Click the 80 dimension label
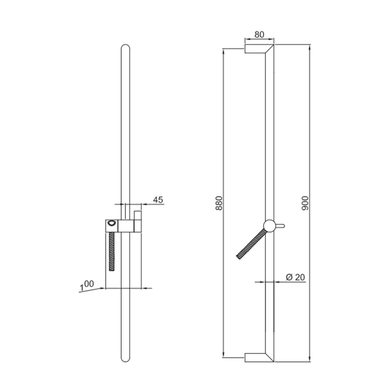point(259,35)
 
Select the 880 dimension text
point(219,203)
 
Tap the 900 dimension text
point(305,203)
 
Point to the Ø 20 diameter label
point(295,277)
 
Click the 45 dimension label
point(158,200)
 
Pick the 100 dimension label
point(87,285)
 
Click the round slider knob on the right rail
point(269,226)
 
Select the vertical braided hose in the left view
point(112,251)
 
